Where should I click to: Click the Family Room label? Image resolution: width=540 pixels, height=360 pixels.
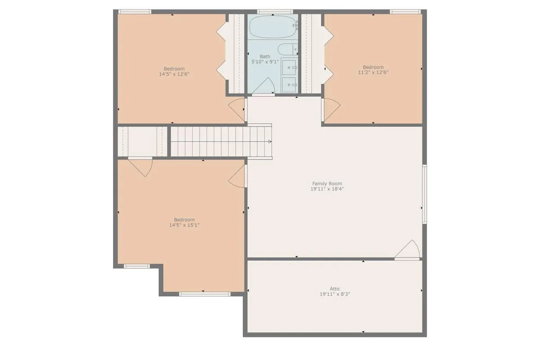pyautogui.click(x=327, y=184)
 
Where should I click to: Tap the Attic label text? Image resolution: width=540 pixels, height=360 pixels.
pyautogui.click(x=335, y=288)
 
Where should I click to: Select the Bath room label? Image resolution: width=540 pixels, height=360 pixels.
pyautogui.click(x=265, y=56)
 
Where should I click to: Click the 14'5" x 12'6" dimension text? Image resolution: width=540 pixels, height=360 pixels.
pyautogui.click(x=174, y=74)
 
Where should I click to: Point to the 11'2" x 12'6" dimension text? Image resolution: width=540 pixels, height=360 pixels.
pyautogui.click(x=373, y=72)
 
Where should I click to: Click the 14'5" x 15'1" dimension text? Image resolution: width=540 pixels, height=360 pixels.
pyautogui.click(x=184, y=225)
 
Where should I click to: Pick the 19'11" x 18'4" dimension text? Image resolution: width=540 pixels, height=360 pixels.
pyautogui.click(x=327, y=189)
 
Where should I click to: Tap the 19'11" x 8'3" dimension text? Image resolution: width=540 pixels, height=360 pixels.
pyautogui.click(x=335, y=294)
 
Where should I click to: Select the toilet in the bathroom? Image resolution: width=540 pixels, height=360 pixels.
pyautogui.click(x=288, y=49)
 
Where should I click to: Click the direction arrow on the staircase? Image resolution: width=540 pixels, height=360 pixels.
pyautogui.click(x=270, y=142)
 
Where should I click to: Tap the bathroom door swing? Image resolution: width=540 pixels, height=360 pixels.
pyautogui.click(x=264, y=86)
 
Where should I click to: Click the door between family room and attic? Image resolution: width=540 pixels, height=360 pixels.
pyautogui.click(x=408, y=250)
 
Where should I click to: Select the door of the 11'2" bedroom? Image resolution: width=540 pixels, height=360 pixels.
pyautogui.click(x=331, y=110)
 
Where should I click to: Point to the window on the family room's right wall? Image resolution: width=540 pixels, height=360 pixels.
pyautogui.click(x=424, y=194)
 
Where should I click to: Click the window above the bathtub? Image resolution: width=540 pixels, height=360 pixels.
pyautogui.click(x=275, y=12)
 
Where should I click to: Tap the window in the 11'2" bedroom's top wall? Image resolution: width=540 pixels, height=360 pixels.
pyautogui.click(x=405, y=12)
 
